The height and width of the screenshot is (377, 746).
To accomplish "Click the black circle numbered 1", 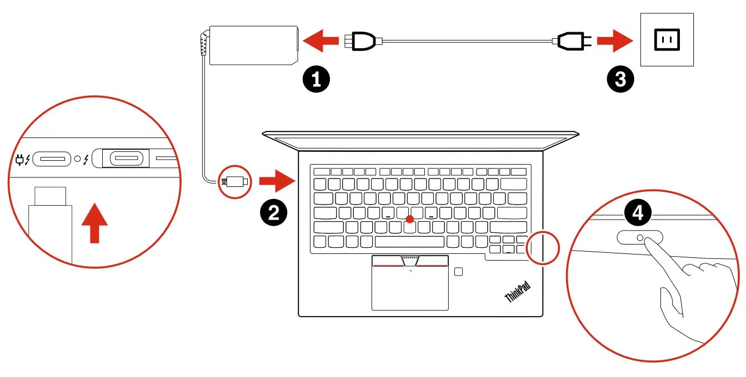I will [316, 79].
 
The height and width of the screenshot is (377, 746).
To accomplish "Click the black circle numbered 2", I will [274, 212].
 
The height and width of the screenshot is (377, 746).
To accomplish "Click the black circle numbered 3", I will [619, 79].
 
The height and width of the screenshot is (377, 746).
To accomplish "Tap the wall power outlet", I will [667, 40].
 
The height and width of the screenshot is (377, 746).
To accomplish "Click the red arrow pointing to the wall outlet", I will [615, 40].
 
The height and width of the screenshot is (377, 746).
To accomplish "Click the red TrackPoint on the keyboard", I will [410, 220].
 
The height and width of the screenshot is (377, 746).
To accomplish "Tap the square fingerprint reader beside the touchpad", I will [458, 271].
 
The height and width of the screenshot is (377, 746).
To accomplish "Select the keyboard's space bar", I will [409, 242].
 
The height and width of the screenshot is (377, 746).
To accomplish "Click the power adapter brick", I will [253, 45].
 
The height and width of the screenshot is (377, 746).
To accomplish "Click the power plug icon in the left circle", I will [21, 160].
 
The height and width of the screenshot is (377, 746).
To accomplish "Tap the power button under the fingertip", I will [640, 237].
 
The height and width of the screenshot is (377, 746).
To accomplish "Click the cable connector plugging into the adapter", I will [361, 40].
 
